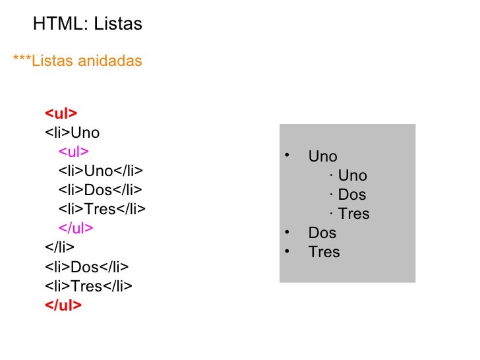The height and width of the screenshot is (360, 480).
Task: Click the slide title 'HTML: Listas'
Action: [x=87, y=24]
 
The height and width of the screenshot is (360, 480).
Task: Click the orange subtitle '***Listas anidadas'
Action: [x=77, y=61]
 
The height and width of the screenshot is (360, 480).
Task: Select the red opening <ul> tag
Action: [x=61, y=113]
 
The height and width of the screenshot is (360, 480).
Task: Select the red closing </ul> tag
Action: [x=63, y=305]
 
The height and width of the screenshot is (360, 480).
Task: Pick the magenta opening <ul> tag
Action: [x=74, y=152]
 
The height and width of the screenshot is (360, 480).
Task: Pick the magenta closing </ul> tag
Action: [x=76, y=228]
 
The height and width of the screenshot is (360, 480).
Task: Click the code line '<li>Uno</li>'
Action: [x=100, y=171]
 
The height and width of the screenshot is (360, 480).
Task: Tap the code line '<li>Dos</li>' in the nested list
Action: [x=100, y=191]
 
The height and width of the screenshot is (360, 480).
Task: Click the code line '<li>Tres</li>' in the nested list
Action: [x=102, y=210]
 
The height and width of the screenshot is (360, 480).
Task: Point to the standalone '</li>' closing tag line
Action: [x=59, y=247]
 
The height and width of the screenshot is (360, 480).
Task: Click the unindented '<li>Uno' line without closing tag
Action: [x=72, y=133]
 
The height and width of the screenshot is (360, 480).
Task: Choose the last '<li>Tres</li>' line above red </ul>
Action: [x=88, y=285]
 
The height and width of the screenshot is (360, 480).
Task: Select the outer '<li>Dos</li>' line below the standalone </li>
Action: [x=86, y=266]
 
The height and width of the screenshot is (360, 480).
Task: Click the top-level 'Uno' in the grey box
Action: [x=322, y=157]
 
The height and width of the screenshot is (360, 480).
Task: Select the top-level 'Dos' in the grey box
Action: [x=322, y=233]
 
